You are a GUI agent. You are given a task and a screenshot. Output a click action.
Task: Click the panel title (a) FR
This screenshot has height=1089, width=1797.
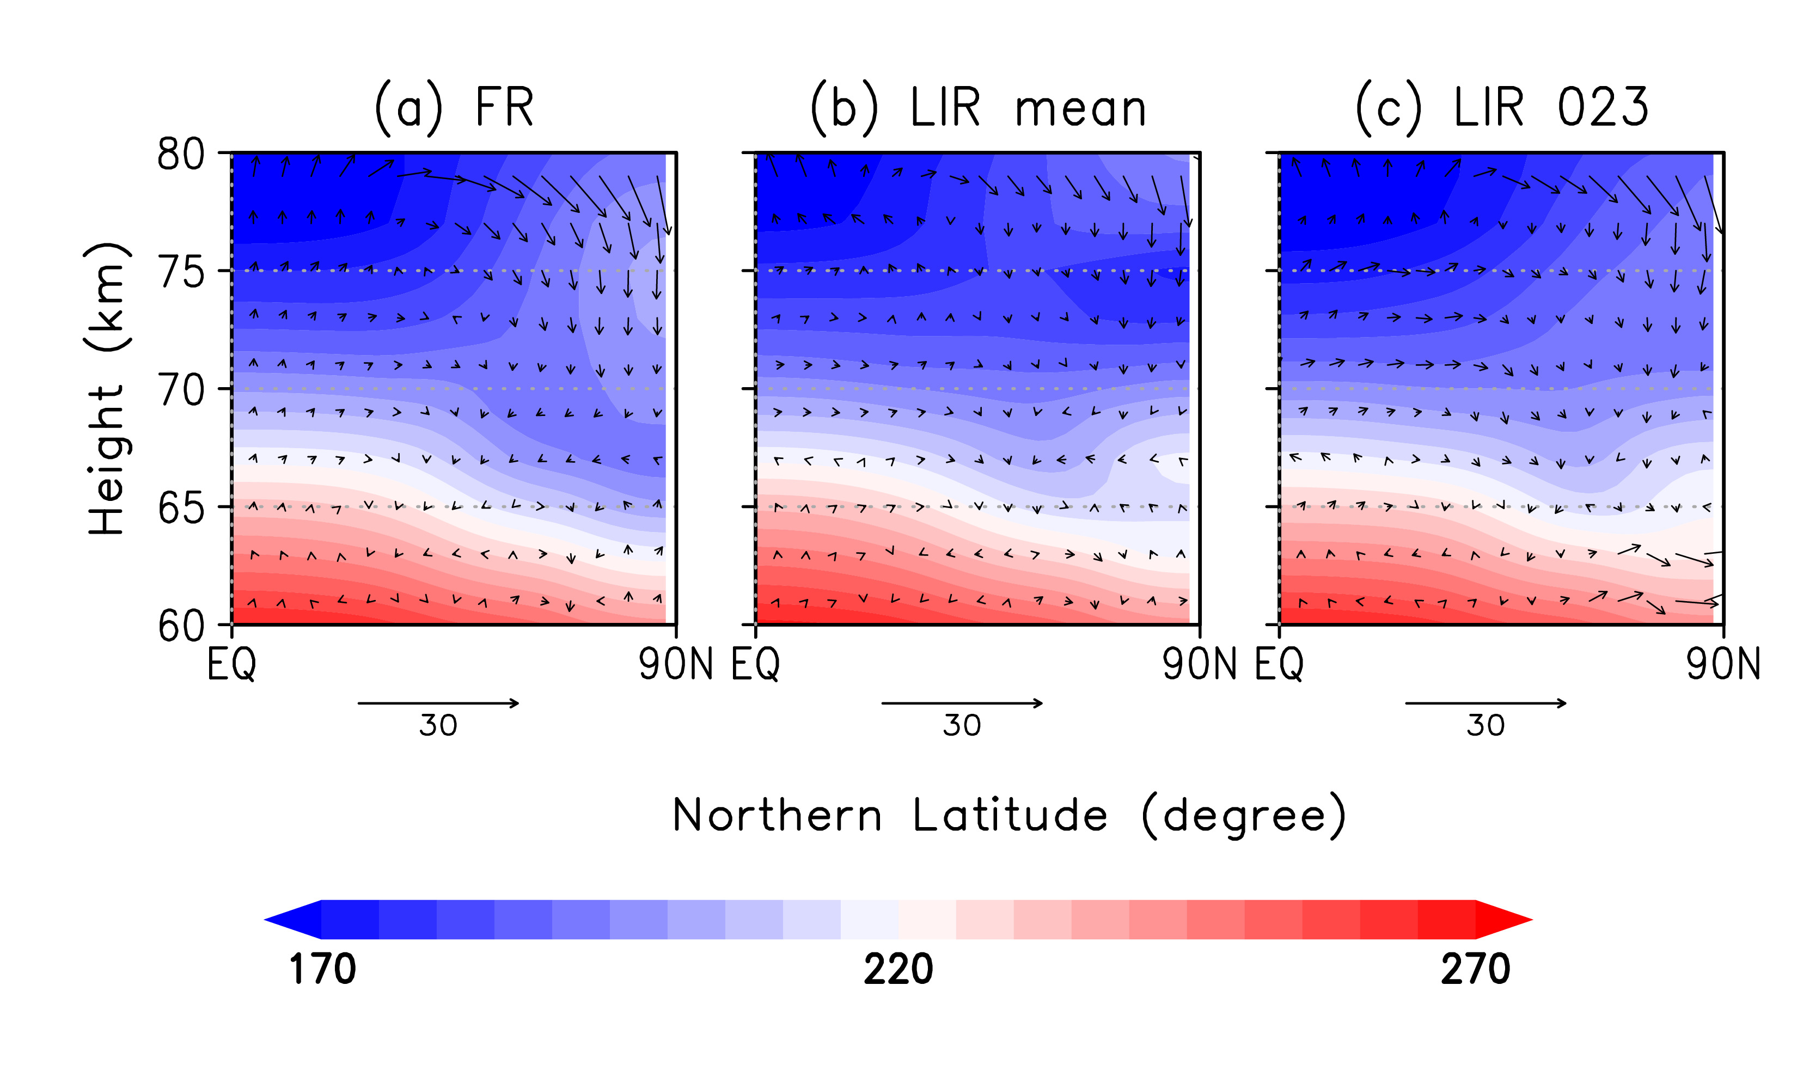pos(454,108)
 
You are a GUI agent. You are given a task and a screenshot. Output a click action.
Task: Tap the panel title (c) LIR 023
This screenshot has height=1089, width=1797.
pos(1502,108)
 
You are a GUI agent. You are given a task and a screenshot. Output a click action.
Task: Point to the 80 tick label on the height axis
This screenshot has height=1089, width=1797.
pos(181,155)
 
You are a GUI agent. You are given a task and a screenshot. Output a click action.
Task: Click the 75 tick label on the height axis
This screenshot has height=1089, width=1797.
pos(181,273)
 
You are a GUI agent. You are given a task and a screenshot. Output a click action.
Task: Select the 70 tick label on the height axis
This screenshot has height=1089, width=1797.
pos(181,390)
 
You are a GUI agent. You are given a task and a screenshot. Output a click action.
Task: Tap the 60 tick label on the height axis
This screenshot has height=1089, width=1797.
pos(181,626)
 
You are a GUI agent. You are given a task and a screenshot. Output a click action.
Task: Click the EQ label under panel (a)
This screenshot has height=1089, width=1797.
pos(231,664)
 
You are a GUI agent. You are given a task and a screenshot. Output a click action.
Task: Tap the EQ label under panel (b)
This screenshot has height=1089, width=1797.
pos(756,664)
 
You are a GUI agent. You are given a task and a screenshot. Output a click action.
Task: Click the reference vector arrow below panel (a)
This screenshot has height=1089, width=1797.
pos(438,703)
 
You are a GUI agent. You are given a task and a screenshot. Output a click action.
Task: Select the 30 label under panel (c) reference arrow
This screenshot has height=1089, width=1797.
pos(1486,726)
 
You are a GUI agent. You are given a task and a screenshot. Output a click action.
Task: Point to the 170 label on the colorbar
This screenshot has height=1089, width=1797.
pos(322,969)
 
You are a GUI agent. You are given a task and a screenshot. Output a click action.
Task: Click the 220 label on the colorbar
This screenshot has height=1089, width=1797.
pos(898,969)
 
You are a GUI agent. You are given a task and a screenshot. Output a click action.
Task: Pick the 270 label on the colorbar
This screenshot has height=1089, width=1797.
pos(1475,969)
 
